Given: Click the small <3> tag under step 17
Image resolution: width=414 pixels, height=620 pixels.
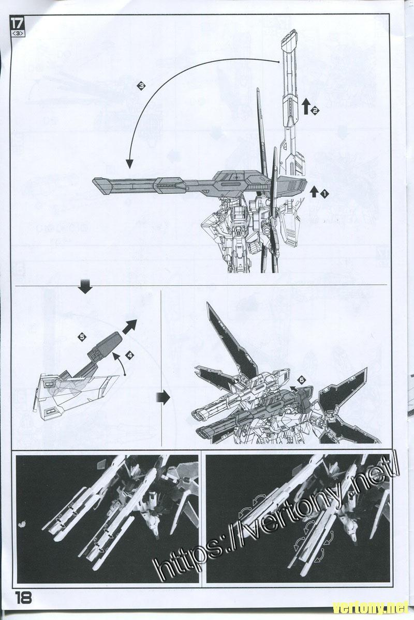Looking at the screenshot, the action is [18, 34].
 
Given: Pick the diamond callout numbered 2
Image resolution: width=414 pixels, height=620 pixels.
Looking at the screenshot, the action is [315, 111].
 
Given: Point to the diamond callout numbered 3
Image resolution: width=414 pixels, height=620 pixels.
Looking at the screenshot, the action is [141, 86].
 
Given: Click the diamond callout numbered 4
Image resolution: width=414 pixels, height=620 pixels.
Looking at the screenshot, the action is [129, 355].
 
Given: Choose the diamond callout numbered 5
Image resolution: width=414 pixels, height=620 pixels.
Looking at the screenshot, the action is [82, 337].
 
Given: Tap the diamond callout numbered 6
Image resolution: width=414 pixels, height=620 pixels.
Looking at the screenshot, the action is [302, 380].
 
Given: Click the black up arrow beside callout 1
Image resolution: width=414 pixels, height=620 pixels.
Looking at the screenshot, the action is [314, 192].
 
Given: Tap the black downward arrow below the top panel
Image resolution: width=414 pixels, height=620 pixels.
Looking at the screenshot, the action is [85, 286].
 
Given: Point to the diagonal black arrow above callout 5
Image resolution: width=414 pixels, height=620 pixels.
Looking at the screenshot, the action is [128, 327].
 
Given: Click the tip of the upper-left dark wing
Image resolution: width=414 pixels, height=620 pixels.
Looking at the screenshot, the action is [207, 302].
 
